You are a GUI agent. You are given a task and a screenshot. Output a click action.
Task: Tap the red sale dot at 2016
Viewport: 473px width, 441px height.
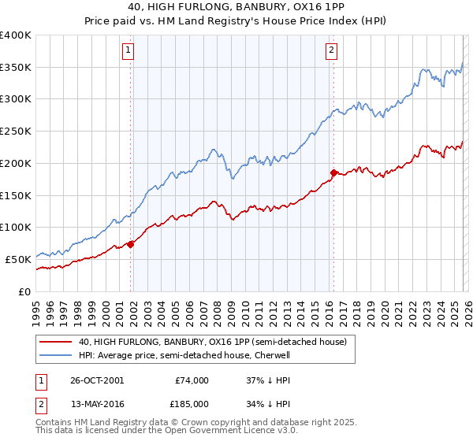333,172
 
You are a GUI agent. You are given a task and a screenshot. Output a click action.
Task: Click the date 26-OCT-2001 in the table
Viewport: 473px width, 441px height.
95,380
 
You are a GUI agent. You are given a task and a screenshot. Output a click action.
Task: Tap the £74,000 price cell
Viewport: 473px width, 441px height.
192,380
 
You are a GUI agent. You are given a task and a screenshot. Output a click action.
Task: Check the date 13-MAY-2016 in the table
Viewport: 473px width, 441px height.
95,404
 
